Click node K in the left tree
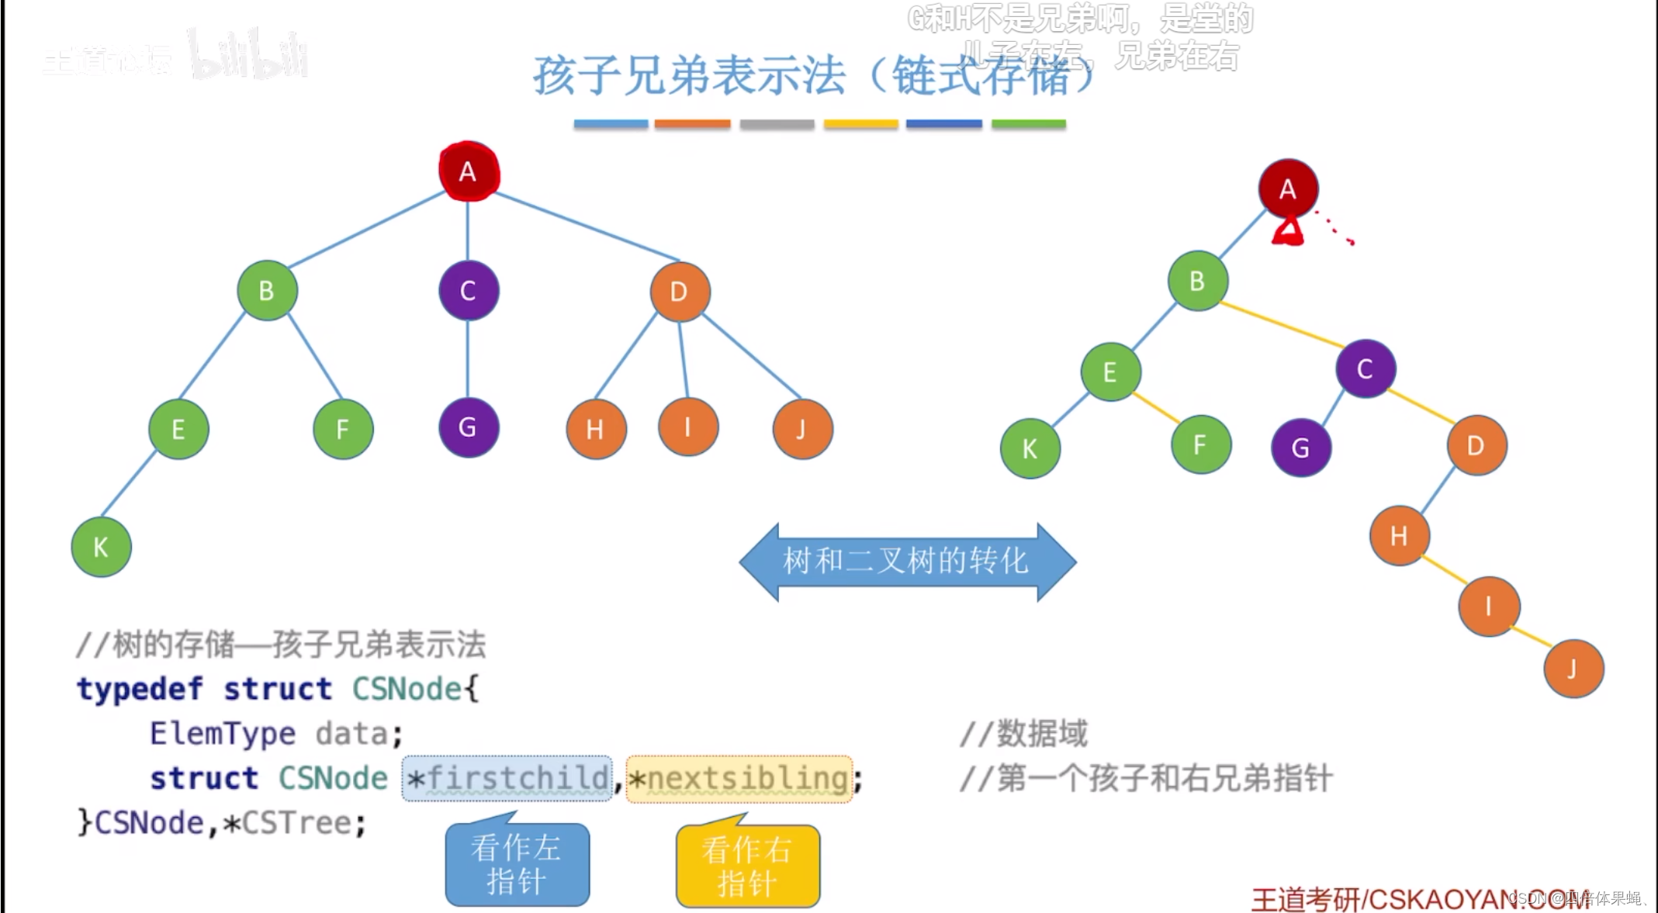[101, 547]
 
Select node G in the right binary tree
[1301, 448]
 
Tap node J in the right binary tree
[1573, 669]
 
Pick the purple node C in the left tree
[469, 291]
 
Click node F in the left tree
[343, 429]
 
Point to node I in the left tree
[688, 427]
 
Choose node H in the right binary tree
[1399, 535]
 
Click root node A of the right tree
[1288, 188]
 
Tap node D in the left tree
[680, 292]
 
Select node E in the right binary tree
[1110, 372]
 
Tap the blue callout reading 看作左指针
[517, 864]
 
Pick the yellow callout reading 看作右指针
[747, 866]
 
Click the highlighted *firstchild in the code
[507, 778]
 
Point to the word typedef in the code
[140, 689]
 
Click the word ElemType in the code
[223, 734]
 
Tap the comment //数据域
[1024, 734]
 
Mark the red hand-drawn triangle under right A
[1289, 232]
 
